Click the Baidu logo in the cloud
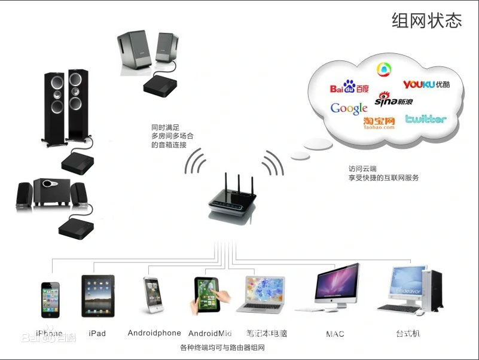point(349,89)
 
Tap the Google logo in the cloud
point(349,108)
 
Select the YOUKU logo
point(426,84)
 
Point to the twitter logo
point(426,119)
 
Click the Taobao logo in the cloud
point(379,123)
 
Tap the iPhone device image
point(51,300)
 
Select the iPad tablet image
point(98,296)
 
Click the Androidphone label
point(154,333)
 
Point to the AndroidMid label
point(210,333)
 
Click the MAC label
point(335,334)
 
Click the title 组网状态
point(427,20)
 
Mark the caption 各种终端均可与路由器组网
point(222,347)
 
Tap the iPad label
point(97,333)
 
